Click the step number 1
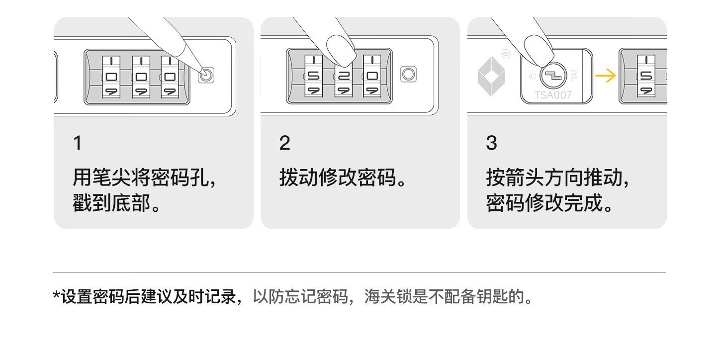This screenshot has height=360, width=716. point(77,143)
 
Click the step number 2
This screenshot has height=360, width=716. point(284,143)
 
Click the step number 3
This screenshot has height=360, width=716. point(491,143)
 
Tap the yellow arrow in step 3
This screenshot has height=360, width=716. point(605,76)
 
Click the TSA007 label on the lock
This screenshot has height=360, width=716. point(552,95)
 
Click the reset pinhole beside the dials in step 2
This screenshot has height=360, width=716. point(408,74)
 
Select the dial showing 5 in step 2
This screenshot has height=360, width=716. point(314,77)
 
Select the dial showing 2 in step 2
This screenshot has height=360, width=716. point(343,77)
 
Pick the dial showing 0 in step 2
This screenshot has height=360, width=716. point(372,77)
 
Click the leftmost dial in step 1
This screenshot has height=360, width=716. point(111,77)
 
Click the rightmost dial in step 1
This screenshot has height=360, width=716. point(170,77)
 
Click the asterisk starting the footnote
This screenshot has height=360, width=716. point(56,297)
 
